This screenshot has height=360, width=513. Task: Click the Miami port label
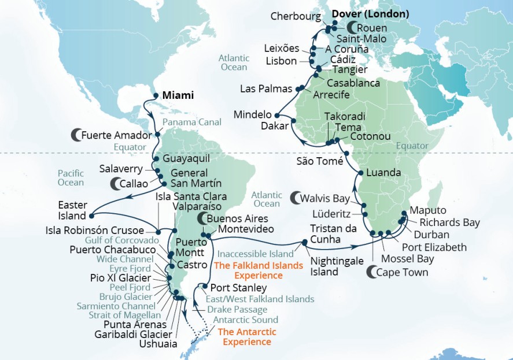click(x=178, y=95)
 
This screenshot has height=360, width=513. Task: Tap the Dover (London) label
click(x=371, y=14)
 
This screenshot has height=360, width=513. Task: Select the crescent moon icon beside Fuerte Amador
click(x=76, y=135)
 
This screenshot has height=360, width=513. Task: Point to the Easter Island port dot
click(x=91, y=216)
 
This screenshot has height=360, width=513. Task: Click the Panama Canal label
click(x=191, y=123)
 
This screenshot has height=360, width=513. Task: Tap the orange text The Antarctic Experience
click(x=247, y=337)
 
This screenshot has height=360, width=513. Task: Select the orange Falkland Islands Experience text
click(x=258, y=270)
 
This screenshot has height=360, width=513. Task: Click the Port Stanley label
click(x=238, y=288)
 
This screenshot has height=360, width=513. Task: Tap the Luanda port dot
click(x=360, y=173)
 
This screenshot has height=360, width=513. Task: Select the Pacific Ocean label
click(x=71, y=177)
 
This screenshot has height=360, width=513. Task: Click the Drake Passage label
click(x=235, y=310)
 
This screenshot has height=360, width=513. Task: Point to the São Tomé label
click(x=320, y=161)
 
